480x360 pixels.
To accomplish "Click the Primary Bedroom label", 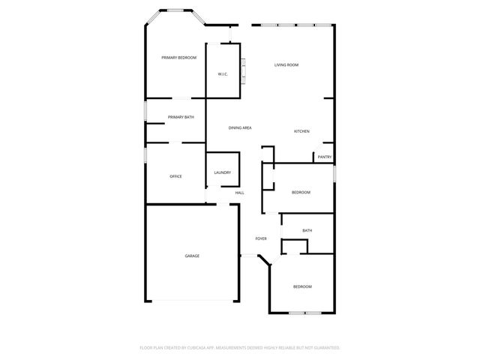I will pyautogui.click(x=178, y=58).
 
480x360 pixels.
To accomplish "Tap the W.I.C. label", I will pyautogui.click(x=223, y=74).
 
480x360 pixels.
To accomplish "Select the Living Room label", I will pyautogui.click(x=286, y=65).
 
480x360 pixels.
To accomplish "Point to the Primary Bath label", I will pyautogui.click(x=181, y=117).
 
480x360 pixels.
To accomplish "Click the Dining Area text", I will pyautogui.click(x=240, y=128).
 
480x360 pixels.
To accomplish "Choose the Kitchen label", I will pyautogui.click(x=301, y=131).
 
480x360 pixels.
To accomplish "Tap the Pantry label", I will pyautogui.click(x=324, y=157).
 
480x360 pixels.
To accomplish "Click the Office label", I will pyautogui.click(x=175, y=176).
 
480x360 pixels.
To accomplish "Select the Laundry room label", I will pyautogui.click(x=223, y=172).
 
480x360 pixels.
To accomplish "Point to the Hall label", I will pyautogui.click(x=239, y=193).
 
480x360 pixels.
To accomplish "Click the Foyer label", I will pyautogui.click(x=261, y=238).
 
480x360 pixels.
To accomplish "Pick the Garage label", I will pyautogui.click(x=192, y=256).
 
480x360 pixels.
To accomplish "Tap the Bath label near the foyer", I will pyautogui.click(x=307, y=230).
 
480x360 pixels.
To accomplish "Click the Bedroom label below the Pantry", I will pyautogui.click(x=301, y=193).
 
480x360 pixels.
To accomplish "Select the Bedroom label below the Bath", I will pyautogui.click(x=302, y=286).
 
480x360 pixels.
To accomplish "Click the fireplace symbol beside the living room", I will pyautogui.click(x=242, y=73).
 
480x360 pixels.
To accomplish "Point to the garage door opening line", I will pyautogui.click(x=192, y=300).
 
